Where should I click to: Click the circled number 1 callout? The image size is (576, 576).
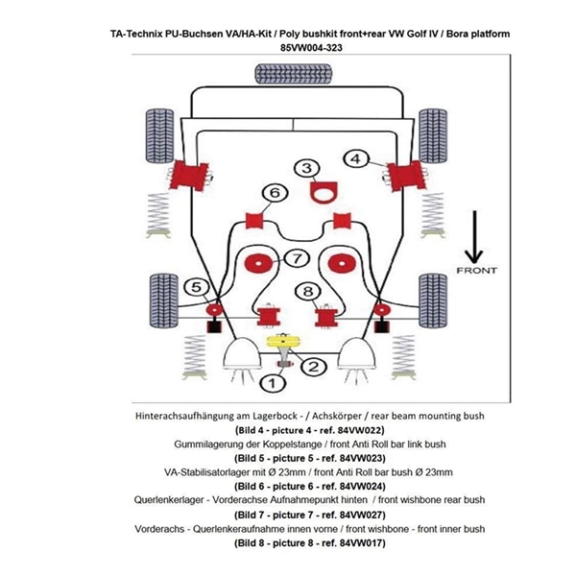(x=272, y=383)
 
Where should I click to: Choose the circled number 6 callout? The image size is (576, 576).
(x=275, y=194)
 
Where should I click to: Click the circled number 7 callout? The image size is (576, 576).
(x=298, y=257)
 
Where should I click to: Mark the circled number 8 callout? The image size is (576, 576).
(x=307, y=291)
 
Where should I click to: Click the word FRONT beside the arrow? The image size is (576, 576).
(x=477, y=271)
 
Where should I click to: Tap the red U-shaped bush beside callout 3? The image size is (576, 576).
(x=327, y=189)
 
